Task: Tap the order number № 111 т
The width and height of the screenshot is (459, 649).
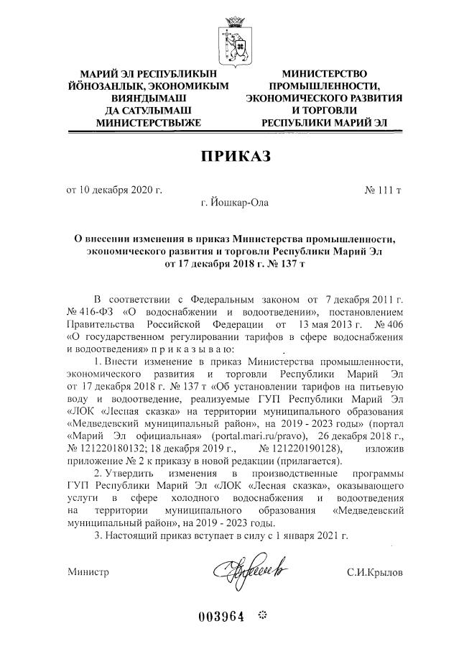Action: pos(384,190)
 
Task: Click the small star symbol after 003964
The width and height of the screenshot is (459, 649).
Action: pos(262,616)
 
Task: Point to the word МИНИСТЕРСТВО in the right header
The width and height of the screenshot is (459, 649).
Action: pos(325,74)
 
